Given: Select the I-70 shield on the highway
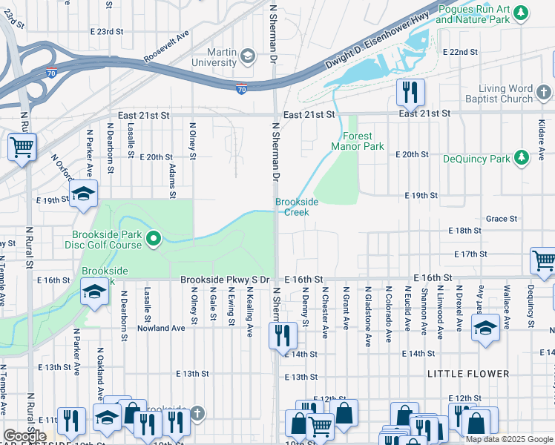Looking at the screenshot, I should (x=242, y=89).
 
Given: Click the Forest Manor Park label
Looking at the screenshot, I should (x=363, y=141).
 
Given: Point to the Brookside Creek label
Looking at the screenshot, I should (x=297, y=207).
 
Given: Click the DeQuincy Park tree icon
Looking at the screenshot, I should (x=521, y=158).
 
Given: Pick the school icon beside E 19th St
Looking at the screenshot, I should (x=83, y=194).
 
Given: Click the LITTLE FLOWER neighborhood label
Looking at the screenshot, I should (x=468, y=374).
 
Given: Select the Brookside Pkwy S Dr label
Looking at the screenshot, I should (x=226, y=279).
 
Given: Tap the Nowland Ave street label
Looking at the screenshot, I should (x=160, y=328).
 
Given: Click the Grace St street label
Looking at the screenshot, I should (x=502, y=219).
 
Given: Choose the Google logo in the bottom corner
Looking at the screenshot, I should (x=24, y=436).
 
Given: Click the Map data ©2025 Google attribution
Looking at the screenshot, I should (x=509, y=439).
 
